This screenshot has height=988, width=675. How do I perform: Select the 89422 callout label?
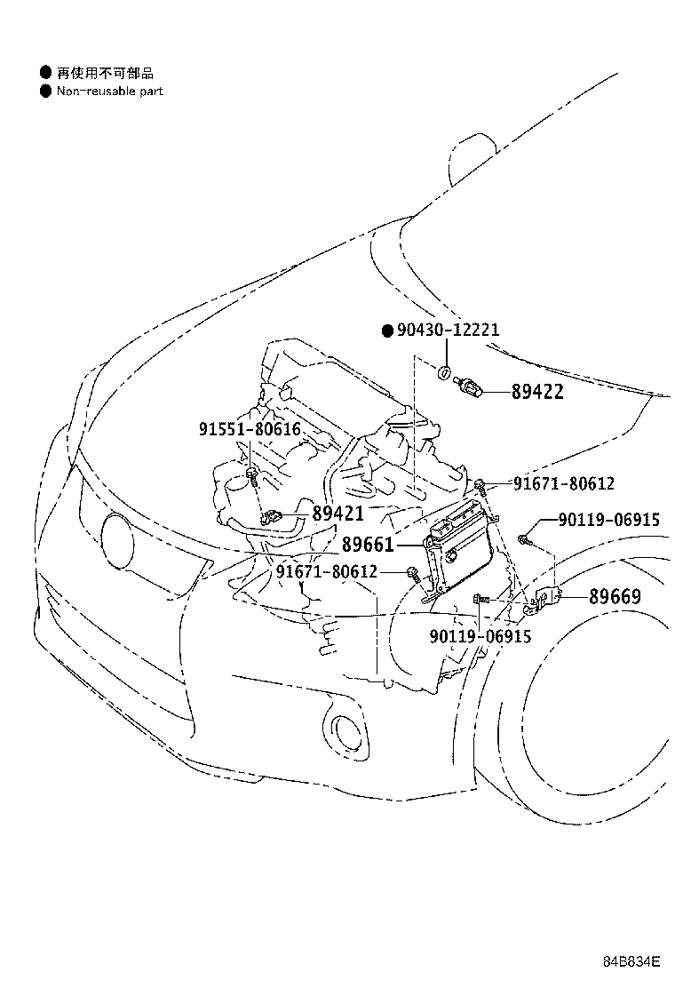[536, 392]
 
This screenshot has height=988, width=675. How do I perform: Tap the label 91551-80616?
[250, 429]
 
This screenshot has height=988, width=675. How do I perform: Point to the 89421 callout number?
[337, 513]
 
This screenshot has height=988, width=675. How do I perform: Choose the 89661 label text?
[368, 544]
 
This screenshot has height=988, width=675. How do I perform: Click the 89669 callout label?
[614, 596]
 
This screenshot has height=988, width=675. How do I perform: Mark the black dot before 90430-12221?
[386, 331]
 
